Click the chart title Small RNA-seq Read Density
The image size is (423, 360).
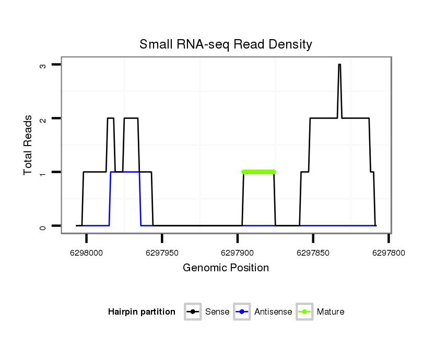pos(226,44)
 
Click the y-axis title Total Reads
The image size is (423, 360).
pos(28,145)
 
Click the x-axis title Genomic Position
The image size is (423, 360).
pos(226,268)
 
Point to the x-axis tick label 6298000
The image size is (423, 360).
pos(87,253)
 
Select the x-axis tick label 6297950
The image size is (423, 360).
pos(162,253)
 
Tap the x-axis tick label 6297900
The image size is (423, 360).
pos(237,253)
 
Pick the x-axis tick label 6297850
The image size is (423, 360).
pos(313,253)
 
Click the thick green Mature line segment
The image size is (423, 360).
pos(258,172)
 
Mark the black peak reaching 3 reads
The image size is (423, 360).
pos(339,65)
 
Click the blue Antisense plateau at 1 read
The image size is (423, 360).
pos(125,172)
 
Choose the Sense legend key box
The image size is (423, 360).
pos(193,312)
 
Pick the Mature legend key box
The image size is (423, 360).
pos(304,312)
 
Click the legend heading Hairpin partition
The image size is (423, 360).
pos(142,312)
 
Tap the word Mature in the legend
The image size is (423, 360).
pos(331,312)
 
